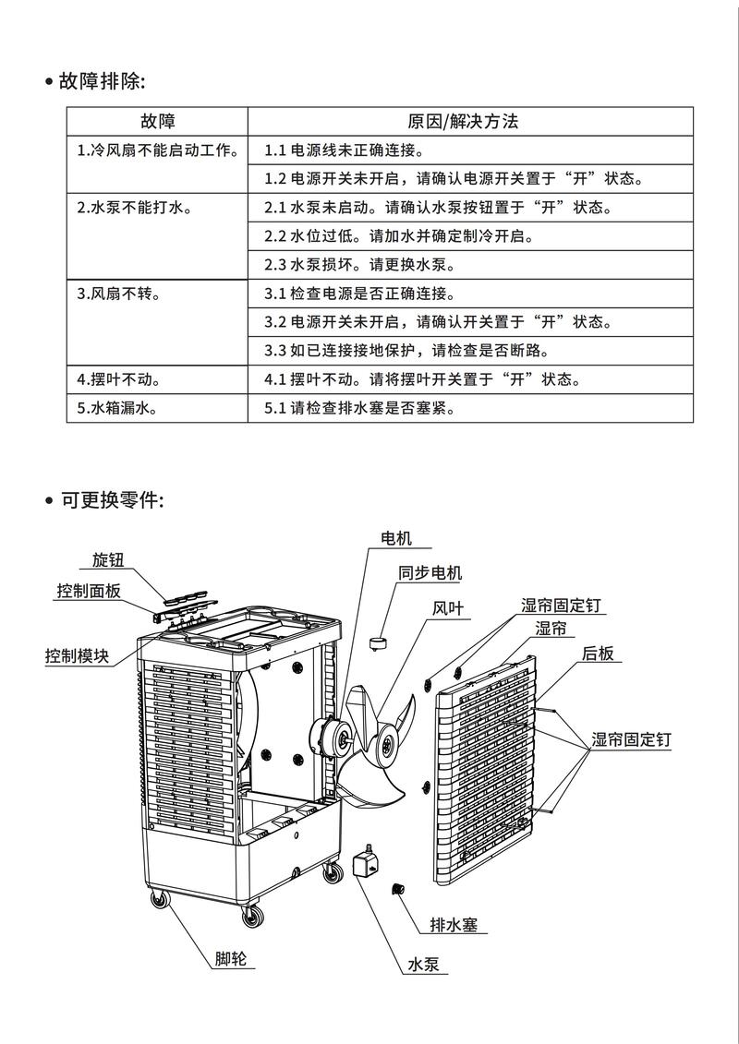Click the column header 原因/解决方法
pyautogui.click(x=470, y=122)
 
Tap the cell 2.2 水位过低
pyautogui.click(x=399, y=235)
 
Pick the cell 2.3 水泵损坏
pyautogui.click(x=359, y=264)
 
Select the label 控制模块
pyautogui.click(x=77, y=656)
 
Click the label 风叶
pyautogui.click(x=448, y=608)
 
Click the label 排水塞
pyautogui.click(x=454, y=925)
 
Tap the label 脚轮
pyautogui.click(x=230, y=959)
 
